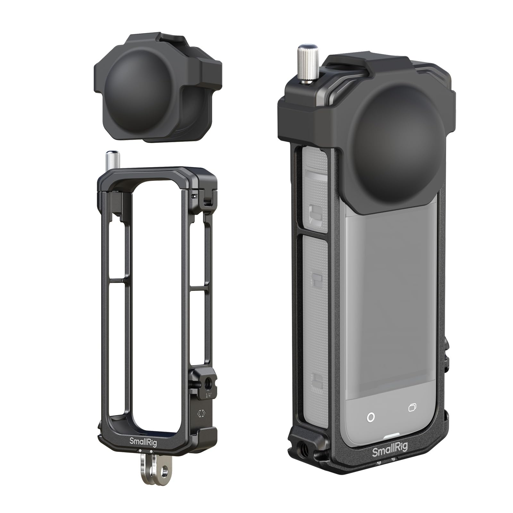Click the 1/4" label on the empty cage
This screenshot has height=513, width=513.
tap(208, 395)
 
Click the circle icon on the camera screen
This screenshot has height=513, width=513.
tap(371, 417)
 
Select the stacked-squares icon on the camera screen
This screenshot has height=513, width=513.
tap(412, 408)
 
